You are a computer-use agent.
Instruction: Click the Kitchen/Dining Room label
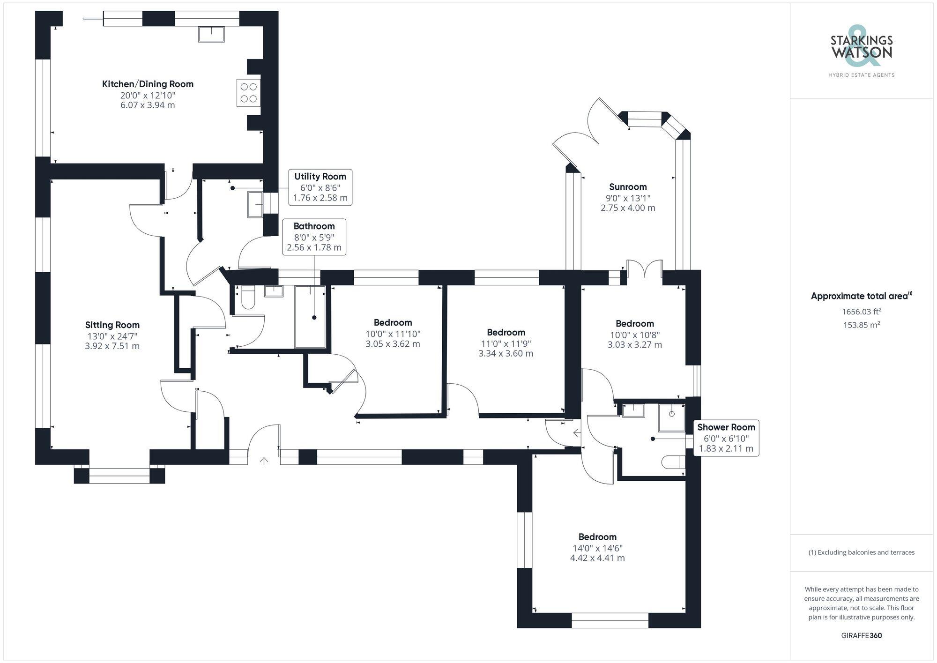(x=148, y=84)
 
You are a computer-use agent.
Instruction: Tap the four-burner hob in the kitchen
(x=248, y=92)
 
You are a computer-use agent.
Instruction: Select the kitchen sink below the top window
(x=211, y=34)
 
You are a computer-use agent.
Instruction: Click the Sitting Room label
(x=112, y=325)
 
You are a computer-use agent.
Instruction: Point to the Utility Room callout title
(x=320, y=177)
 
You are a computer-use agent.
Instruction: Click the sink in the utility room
(x=255, y=205)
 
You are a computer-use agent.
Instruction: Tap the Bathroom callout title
(x=314, y=226)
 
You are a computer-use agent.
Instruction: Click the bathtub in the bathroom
(x=310, y=317)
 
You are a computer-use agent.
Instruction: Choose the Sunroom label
(x=628, y=187)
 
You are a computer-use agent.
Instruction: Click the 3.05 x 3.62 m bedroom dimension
(x=393, y=344)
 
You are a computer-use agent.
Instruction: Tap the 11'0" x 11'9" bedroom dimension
(x=506, y=344)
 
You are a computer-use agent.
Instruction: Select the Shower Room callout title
(x=726, y=427)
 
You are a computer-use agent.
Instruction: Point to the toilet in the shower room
(x=673, y=462)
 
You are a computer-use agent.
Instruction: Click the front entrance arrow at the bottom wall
(x=264, y=461)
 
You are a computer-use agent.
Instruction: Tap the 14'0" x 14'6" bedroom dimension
(x=597, y=548)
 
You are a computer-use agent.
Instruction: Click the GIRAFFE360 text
(x=861, y=636)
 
